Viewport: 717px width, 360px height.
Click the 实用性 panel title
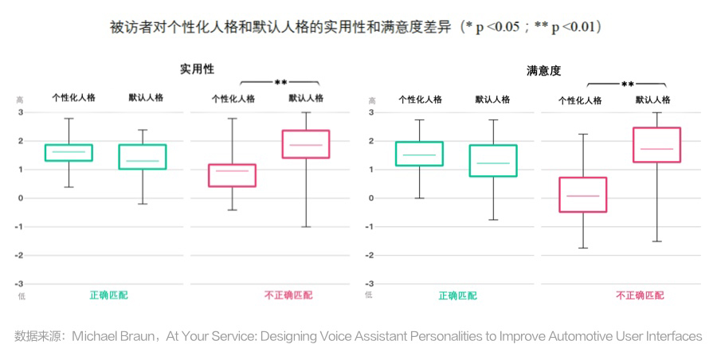coord(197,69)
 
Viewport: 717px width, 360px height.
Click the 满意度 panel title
coord(543,71)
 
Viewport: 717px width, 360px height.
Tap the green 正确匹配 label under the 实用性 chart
coord(109,295)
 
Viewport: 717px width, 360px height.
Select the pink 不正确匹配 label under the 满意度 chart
coord(640,295)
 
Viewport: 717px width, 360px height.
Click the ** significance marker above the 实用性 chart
coord(280,83)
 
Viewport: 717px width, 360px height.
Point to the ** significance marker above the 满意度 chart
coord(628,84)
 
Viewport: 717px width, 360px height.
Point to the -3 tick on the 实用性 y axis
coord(19,284)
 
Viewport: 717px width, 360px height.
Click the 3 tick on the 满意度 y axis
coord(371,112)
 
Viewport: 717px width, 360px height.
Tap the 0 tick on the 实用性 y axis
coord(20,198)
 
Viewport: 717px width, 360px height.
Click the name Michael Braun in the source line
coord(113,337)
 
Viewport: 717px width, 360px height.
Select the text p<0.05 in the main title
coord(497,27)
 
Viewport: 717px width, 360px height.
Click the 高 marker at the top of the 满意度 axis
coord(372,100)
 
